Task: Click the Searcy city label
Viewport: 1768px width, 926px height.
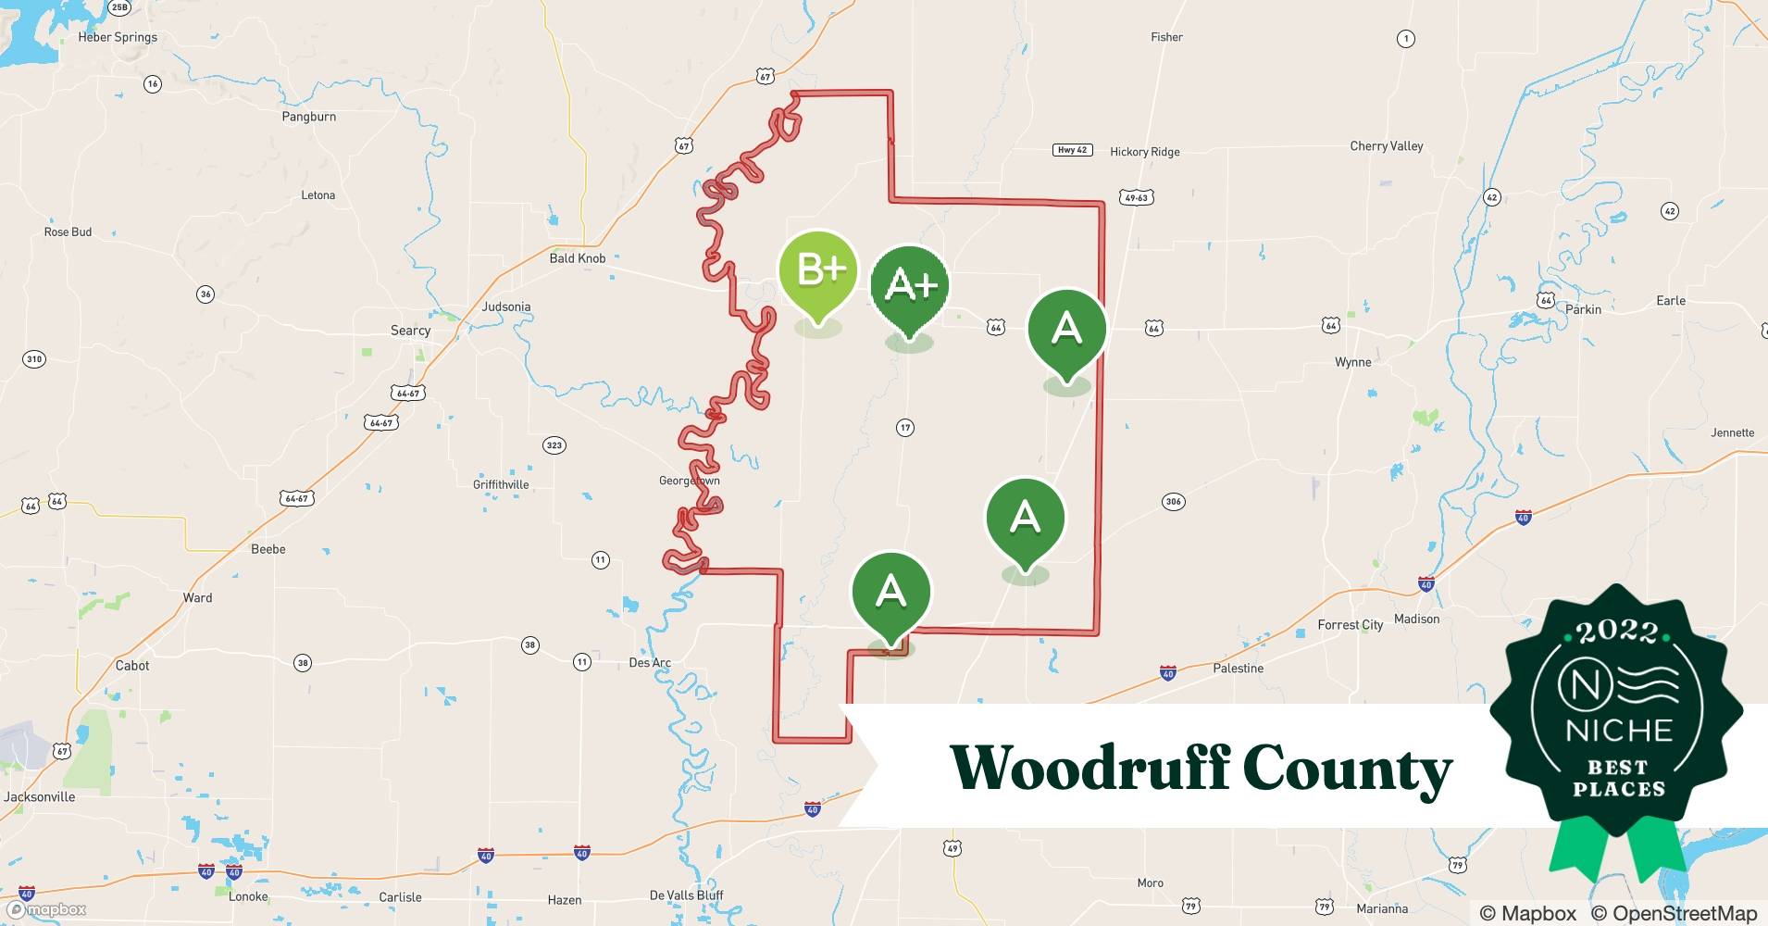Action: (x=410, y=331)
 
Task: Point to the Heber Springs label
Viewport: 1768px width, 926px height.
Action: (x=118, y=37)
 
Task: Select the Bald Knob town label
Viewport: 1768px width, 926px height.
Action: (x=577, y=258)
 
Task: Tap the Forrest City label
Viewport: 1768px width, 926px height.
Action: (x=1350, y=625)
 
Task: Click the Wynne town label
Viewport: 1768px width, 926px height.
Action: (x=1352, y=362)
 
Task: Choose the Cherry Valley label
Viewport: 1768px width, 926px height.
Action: (x=1386, y=146)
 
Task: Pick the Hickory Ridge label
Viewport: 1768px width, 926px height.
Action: (x=1144, y=152)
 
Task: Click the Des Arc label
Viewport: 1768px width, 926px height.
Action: (x=649, y=663)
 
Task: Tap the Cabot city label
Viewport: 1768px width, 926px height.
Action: (x=132, y=666)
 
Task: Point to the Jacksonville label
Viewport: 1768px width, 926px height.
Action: (x=40, y=796)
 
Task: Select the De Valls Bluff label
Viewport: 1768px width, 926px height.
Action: (x=686, y=895)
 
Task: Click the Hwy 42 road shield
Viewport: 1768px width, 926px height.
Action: (x=1072, y=150)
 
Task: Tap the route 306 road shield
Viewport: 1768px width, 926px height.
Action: (x=1173, y=502)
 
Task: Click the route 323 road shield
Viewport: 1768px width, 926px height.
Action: (x=554, y=445)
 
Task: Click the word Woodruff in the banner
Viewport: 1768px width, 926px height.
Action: (x=1089, y=769)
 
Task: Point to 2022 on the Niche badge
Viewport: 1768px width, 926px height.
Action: (x=1617, y=632)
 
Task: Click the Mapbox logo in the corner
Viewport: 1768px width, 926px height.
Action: (x=46, y=910)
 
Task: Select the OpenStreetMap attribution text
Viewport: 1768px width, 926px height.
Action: (x=1674, y=913)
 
